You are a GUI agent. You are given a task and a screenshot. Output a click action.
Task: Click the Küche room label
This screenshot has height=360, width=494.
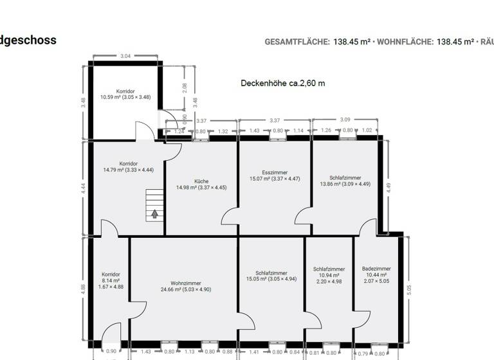pos(201,181)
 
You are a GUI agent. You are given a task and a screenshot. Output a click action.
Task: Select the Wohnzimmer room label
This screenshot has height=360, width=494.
pos(185,283)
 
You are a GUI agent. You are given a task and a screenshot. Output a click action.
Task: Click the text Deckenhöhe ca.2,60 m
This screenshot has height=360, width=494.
pos(282,83)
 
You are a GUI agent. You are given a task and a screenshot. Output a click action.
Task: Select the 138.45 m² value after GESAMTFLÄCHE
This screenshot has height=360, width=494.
pos(351,42)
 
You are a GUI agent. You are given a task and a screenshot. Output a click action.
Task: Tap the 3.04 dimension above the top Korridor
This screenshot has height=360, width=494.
pos(125,57)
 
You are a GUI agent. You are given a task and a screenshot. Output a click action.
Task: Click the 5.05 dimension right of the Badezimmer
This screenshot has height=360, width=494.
pos(408,290)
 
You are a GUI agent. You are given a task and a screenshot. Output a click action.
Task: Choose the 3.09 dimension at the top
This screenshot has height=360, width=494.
pos(346,120)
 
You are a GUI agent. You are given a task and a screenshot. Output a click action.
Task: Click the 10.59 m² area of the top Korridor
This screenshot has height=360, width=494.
pos(114,98)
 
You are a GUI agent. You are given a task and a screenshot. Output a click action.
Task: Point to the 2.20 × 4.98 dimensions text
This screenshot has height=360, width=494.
pos(329,281)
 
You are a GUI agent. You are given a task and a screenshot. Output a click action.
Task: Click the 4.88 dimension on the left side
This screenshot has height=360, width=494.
pos(83,289)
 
